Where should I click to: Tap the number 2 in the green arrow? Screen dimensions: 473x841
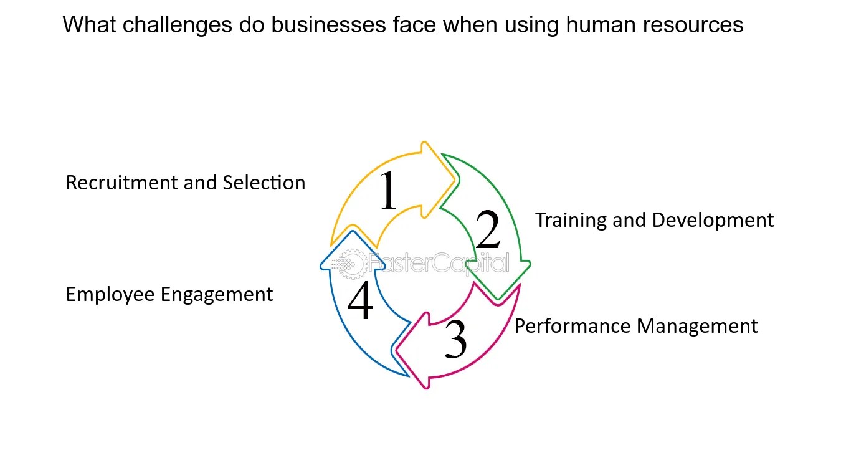point(488,230)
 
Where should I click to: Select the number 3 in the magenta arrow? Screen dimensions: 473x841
point(455,339)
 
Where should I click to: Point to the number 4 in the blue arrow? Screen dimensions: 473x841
point(360,301)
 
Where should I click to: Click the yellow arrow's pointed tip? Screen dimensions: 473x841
point(455,180)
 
